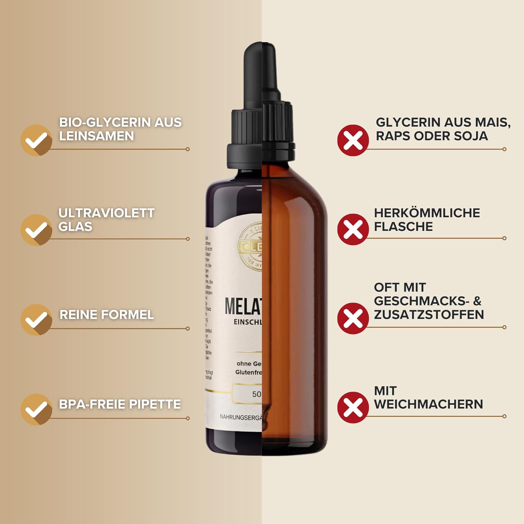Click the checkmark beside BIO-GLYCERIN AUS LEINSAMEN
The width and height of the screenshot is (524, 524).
pos(36,140)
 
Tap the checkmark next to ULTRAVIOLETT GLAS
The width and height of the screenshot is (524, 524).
pos(36,230)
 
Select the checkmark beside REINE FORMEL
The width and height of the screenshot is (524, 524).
pos(36,319)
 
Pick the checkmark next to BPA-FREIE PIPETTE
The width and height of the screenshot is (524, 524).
pos(36,409)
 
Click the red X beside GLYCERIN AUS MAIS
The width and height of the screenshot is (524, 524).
pos(353,140)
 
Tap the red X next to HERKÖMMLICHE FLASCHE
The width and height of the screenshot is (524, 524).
pos(353,230)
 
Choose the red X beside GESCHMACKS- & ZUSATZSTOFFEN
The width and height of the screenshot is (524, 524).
pos(353,319)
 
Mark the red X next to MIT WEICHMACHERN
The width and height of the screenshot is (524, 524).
pos(353,408)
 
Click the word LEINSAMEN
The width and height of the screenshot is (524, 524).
pos(96,136)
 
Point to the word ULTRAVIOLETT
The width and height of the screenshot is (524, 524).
pos(107,213)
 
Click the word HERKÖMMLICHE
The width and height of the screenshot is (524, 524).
pos(427,213)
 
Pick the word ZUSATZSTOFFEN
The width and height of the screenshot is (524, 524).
pos(429,314)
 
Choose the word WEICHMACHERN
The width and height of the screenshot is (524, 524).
pos(429,404)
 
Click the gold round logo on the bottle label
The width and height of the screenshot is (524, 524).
pos(251,247)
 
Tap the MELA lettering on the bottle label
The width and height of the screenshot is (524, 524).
pos(243,306)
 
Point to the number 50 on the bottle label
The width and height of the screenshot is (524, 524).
pos(256,394)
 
